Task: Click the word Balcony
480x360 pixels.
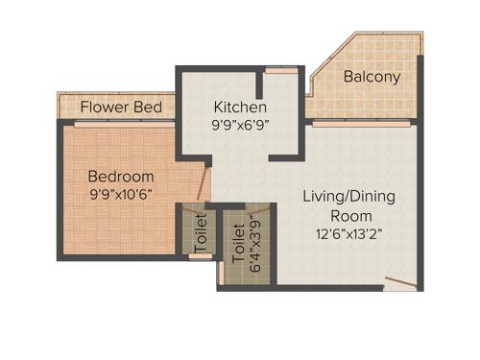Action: point(372,76)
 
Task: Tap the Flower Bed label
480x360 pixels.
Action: point(120,107)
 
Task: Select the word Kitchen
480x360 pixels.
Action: point(240,107)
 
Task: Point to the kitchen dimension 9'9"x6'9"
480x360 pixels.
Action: point(240,124)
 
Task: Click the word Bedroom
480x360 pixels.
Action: point(121,177)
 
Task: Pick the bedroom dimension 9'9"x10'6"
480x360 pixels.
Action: point(121,194)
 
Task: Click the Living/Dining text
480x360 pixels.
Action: point(348,196)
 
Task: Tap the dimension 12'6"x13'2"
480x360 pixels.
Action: point(348,232)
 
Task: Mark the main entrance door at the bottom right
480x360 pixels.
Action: point(398,283)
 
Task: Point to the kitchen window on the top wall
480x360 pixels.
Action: point(280,70)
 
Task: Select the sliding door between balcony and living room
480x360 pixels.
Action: point(362,122)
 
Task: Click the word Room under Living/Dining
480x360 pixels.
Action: point(348,214)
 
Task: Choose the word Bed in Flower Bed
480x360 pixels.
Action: point(148,107)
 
